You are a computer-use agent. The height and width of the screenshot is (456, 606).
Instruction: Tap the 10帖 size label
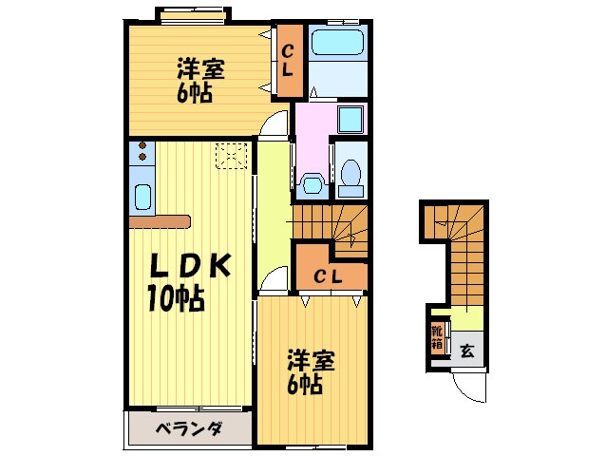pyautogui.click(x=175, y=300)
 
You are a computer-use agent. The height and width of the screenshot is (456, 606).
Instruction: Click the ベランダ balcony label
pyautogui.click(x=189, y=429)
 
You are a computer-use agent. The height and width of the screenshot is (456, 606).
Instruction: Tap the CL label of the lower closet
pyautogui.click(x=329, y=275)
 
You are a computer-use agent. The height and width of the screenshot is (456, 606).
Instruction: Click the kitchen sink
pyautogui.click(x=142, y=198)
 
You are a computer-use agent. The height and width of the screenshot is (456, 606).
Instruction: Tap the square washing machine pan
pyautogui.click(x=350, y=120)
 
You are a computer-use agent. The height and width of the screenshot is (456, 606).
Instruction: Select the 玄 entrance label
pyautogui.click(x=467, y=350)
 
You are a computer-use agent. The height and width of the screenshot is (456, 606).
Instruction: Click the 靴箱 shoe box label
pyautogui.click(x=437, y=336)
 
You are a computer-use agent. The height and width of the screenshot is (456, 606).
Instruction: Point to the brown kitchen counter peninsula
pyautogui.click(x=161, y=221)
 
